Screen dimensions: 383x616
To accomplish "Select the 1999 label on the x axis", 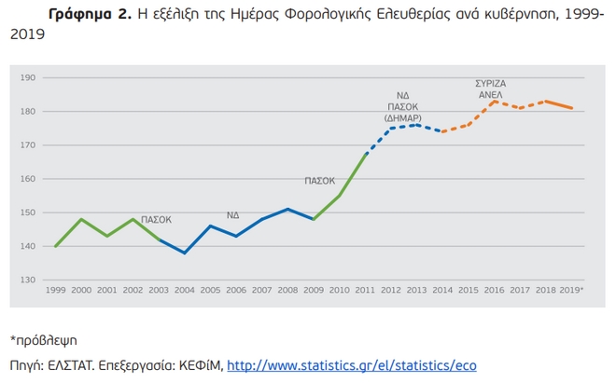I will point(56,291).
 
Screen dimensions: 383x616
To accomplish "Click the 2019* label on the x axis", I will point(571,291).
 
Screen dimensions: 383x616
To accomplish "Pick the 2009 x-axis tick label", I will point(314,291).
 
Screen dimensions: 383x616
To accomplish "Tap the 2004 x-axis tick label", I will point(185,291).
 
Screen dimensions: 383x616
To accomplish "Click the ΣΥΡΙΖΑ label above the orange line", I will point(491,83).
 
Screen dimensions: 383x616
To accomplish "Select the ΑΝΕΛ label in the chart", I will point(491,94).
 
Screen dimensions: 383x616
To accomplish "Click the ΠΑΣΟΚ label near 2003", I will point(156,220).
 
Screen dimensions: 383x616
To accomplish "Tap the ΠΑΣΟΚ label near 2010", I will point(319,181).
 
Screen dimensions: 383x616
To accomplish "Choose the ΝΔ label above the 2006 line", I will point(232,215).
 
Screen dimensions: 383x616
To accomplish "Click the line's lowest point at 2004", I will point(185,253).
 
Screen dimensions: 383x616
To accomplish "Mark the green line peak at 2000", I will point(82,219).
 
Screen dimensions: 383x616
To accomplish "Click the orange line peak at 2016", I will point(494,102).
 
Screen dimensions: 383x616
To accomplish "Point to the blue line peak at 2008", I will point(287,209).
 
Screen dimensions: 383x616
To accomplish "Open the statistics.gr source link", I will point(352,365).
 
